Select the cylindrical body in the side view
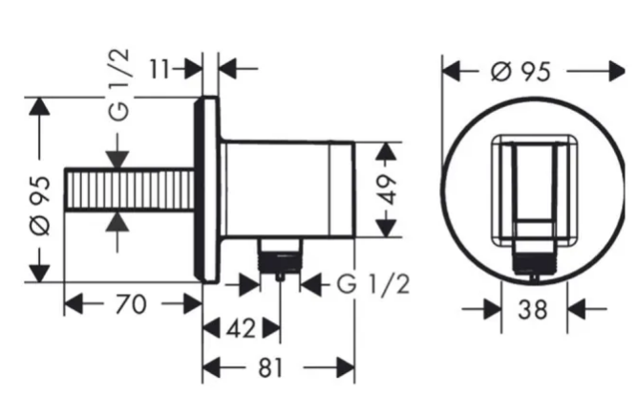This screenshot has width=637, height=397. (x=288, y=190)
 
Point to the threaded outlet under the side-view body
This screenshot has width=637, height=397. (x=280, y=257)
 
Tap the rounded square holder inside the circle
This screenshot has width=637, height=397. (x=534, y=191)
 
